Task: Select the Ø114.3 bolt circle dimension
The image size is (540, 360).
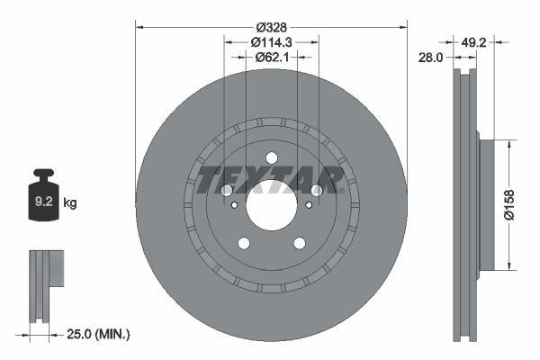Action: pos(271,41)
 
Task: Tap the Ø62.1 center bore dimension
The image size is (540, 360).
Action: pos(271,58)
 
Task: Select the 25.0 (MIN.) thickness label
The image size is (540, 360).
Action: pos(99,335)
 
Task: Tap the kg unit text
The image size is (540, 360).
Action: pos(70,203)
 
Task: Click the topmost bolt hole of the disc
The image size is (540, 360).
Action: pos(271,157)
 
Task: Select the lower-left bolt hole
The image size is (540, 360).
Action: pos(243,243)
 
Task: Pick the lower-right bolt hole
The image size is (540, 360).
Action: pos(299,243)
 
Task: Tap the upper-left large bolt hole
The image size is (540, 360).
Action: pos(226,190)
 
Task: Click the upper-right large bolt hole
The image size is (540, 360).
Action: pos(316,190)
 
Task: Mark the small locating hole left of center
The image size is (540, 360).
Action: pos(234,205)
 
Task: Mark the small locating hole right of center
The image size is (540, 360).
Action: pos(308,205)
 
